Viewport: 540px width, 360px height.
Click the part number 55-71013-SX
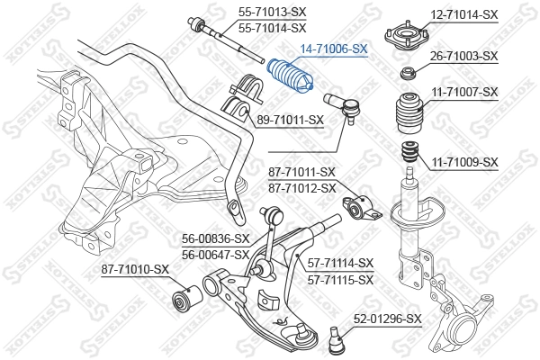coord(272,12)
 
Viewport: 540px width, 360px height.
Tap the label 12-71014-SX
coord(464,15)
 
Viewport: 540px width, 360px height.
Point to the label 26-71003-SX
coord(464,56)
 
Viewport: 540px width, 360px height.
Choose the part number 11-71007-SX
coord(464,93)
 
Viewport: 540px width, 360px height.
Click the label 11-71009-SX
coord(464,162)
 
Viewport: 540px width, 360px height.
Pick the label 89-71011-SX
coord(289,118)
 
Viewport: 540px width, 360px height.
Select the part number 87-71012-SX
coord(301,188)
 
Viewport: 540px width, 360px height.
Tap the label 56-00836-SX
coord(216,238)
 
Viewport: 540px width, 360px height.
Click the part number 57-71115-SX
coord(340,280)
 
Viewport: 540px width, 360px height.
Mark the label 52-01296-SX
coord(387,319)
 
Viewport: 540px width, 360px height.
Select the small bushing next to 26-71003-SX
coord(408,72)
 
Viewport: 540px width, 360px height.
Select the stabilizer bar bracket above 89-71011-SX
coord(242,97)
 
